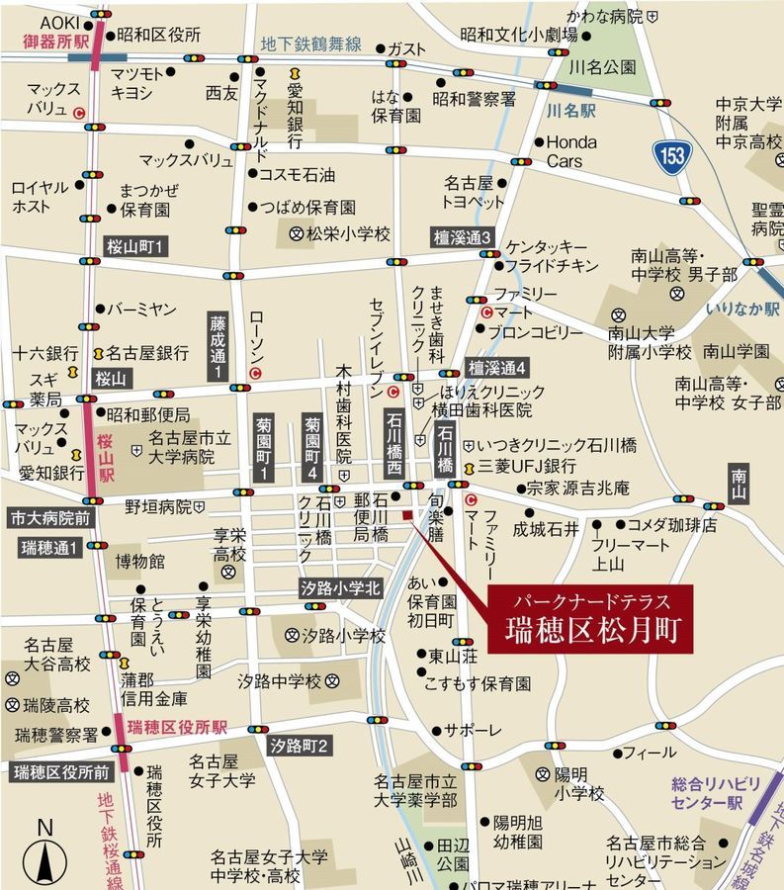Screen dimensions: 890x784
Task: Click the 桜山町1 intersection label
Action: tap(137, 245)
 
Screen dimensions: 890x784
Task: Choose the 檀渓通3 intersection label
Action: tap(462, 237)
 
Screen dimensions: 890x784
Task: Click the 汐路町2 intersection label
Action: tap(298, 745)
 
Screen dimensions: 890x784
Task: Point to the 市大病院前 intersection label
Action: tap(50, 517)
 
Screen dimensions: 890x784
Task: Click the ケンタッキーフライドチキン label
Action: tap(552, 256)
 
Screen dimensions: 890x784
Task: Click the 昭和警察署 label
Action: tap(474, 99)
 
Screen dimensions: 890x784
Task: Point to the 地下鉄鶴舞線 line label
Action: tap(310, 45)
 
